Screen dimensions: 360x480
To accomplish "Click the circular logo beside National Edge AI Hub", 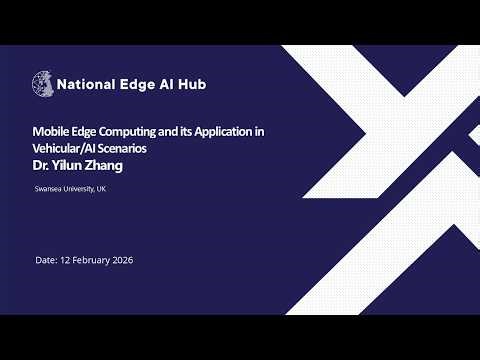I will pos(45,84).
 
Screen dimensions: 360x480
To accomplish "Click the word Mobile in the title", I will pos(51,132).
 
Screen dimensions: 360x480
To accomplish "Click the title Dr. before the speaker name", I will pos(43,166).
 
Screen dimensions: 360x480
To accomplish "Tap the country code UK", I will pos(102,189).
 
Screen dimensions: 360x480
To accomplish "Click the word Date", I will pos(46,260).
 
